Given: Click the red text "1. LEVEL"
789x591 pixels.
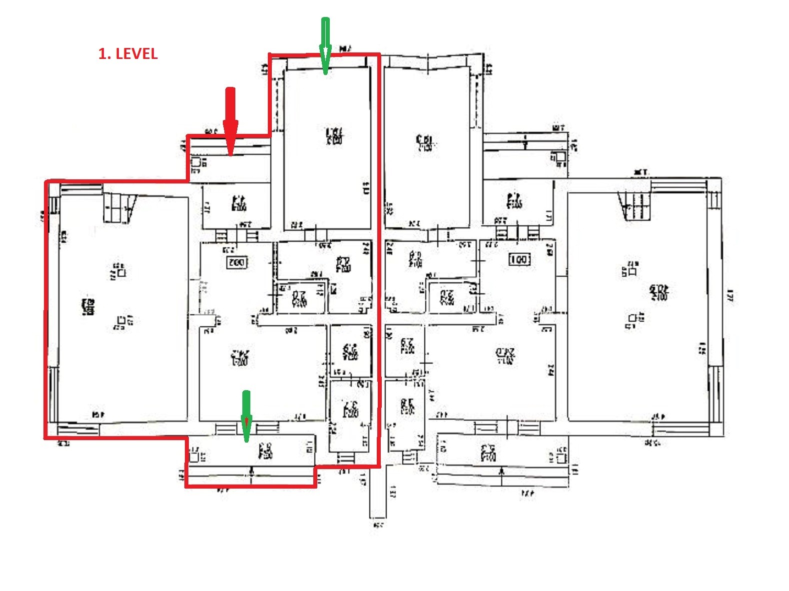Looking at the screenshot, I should (128, 54).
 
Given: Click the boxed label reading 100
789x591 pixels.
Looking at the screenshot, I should (519, 260).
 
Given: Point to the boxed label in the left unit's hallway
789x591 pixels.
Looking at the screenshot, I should (237, 262).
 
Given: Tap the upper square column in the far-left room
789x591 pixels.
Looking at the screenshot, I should (121, 272).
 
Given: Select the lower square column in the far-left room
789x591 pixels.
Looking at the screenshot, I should (121, 320).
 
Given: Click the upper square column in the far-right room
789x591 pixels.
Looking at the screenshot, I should (632, 271).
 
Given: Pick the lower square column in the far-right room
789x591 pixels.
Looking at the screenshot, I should (633, 318).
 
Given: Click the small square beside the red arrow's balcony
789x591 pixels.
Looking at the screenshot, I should (196, 162).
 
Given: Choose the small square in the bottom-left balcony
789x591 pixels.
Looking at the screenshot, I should (194, 456).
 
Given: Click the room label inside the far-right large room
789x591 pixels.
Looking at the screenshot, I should (659, 292).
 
